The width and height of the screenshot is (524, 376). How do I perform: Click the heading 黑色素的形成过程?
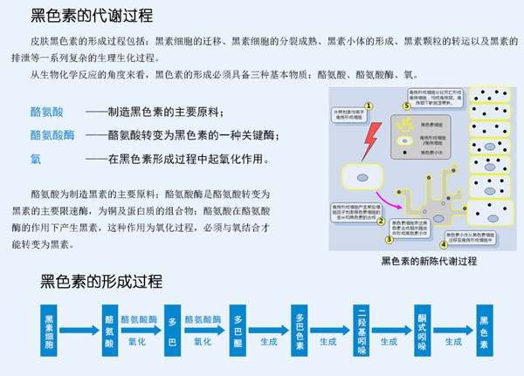101,281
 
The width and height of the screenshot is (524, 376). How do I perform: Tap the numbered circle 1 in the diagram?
369,106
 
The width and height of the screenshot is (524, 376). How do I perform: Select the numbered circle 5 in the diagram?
406,106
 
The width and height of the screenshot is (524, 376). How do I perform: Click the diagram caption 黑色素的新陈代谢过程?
429,261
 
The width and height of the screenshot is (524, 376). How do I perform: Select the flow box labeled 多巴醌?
238,331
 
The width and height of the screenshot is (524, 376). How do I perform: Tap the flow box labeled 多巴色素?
300,331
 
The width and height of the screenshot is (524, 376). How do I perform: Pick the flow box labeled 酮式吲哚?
423,331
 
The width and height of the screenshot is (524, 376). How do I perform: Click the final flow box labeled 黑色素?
484,331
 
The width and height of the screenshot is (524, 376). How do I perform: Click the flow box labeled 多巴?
173,331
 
